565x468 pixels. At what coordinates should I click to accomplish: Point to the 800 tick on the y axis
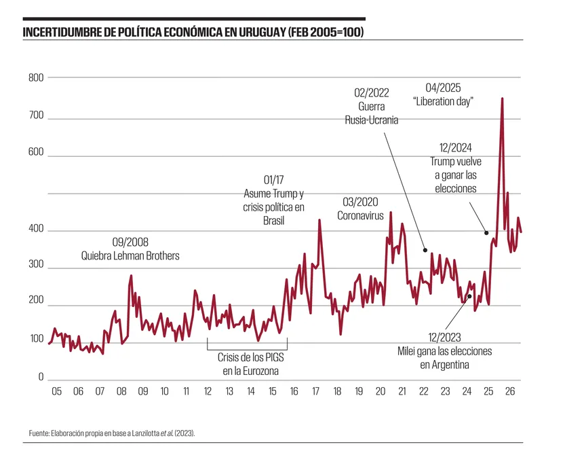click(x=35, y=77)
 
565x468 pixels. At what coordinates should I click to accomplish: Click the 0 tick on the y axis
click(x=40, y=377)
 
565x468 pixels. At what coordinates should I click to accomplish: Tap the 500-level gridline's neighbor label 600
click(x=35, y=154)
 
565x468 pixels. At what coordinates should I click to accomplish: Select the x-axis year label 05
click(x=56, y=391)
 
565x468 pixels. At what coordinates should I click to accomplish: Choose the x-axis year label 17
click(x=315, y=391)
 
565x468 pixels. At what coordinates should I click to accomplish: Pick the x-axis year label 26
click(x=510, y=391)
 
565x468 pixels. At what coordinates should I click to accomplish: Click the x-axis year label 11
click(x=186, y=391)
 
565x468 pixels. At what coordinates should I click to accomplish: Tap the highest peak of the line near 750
click(x=502, y=98)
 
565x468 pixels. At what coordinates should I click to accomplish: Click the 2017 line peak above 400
click(x=319, y=220)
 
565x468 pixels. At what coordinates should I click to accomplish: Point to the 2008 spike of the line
click(x=131, y=276)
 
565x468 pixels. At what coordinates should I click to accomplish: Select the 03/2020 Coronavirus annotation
click(x=360, y=209)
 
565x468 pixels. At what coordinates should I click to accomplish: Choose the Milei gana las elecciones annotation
click(x=444, y=350)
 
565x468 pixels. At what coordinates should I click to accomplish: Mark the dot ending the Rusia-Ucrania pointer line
click(x=425, y=249)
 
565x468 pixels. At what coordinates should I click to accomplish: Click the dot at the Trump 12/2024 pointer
click(x=486, y=233)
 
